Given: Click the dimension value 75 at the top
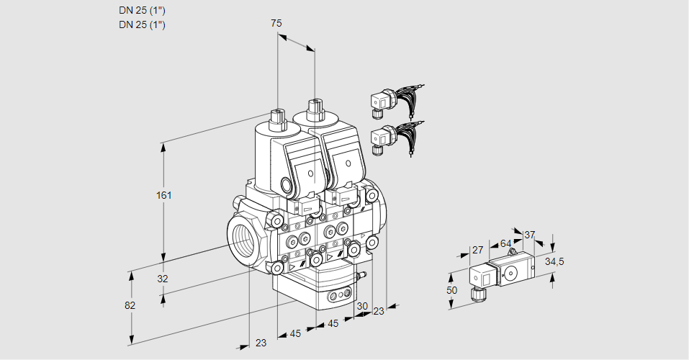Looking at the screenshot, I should coord(276,23).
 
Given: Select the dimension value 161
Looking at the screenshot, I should coord(166,196).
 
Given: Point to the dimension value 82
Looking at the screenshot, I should coord(130,305).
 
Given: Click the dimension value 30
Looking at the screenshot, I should coord(361,305).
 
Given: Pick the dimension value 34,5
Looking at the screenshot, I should coord(554,261).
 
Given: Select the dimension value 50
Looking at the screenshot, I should coord(451,289).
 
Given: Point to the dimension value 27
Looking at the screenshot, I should coord(477,250).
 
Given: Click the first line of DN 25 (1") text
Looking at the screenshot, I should coord(142,11).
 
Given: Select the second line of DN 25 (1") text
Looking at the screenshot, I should coord(142,24).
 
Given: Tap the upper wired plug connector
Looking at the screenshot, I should coord(382,103).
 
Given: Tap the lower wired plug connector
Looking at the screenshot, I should coord(382,138).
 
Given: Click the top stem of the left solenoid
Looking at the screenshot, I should coord(276,117).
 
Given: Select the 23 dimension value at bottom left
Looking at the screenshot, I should coord(261,343).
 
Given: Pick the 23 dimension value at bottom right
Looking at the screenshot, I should coord(379,310).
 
